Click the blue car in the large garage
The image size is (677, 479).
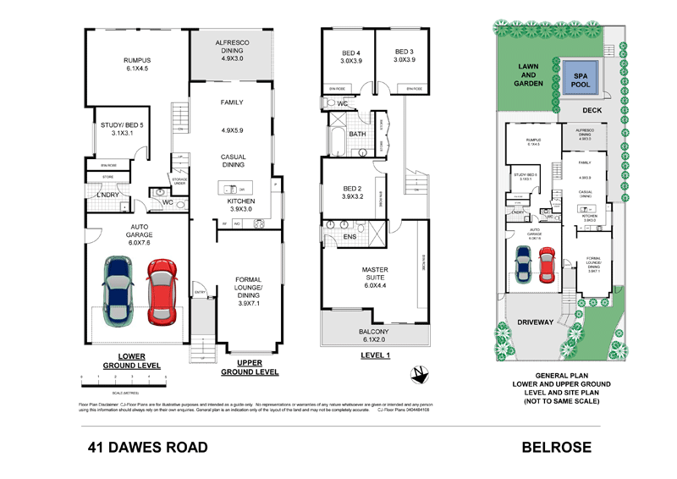coord(118,290)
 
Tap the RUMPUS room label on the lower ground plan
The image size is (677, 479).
coord(136,65)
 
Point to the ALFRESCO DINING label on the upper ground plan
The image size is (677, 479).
coord(231,54)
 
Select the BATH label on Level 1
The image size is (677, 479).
coord(357,134)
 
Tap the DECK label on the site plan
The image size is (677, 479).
coord(592,110)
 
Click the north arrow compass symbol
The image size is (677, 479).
coord(416,372)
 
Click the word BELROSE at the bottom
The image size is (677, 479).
coord(555,447)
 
